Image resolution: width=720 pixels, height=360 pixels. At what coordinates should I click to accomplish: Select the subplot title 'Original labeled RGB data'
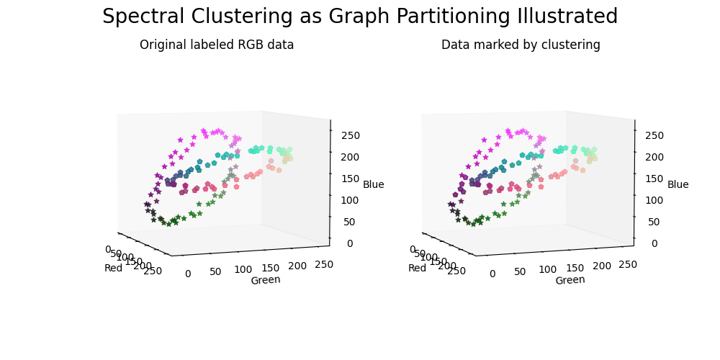[x=217, y=45]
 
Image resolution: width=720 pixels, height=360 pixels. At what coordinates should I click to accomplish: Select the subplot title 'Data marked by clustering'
[x=521, y=45]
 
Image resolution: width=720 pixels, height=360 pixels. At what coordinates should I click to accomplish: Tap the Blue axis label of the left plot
[x=373, y=185]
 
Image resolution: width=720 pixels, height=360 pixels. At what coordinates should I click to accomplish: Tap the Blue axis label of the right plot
[x=678, y=185]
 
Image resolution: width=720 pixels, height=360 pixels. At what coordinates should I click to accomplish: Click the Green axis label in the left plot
[x=266, y=280]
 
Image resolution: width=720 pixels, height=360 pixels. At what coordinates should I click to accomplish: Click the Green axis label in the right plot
[x=570, y=280]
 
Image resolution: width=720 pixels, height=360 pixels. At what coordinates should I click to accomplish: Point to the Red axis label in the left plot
[x=114, y=269]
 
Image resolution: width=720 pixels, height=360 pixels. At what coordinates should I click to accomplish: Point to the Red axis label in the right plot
[x=418, y=269]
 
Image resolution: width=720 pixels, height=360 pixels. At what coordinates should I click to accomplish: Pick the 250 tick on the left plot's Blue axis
[x=351, y=135]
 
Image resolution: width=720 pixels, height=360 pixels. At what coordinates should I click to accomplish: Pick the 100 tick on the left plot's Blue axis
[x=351, y=200]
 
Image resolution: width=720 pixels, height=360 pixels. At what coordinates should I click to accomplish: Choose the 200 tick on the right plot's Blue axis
[x=655, y=157]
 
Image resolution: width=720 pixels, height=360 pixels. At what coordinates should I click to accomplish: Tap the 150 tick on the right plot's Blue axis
[x=655, y=179]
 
